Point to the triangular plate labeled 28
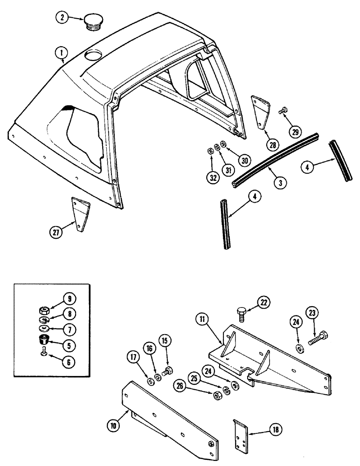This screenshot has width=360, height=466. point(259,111)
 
